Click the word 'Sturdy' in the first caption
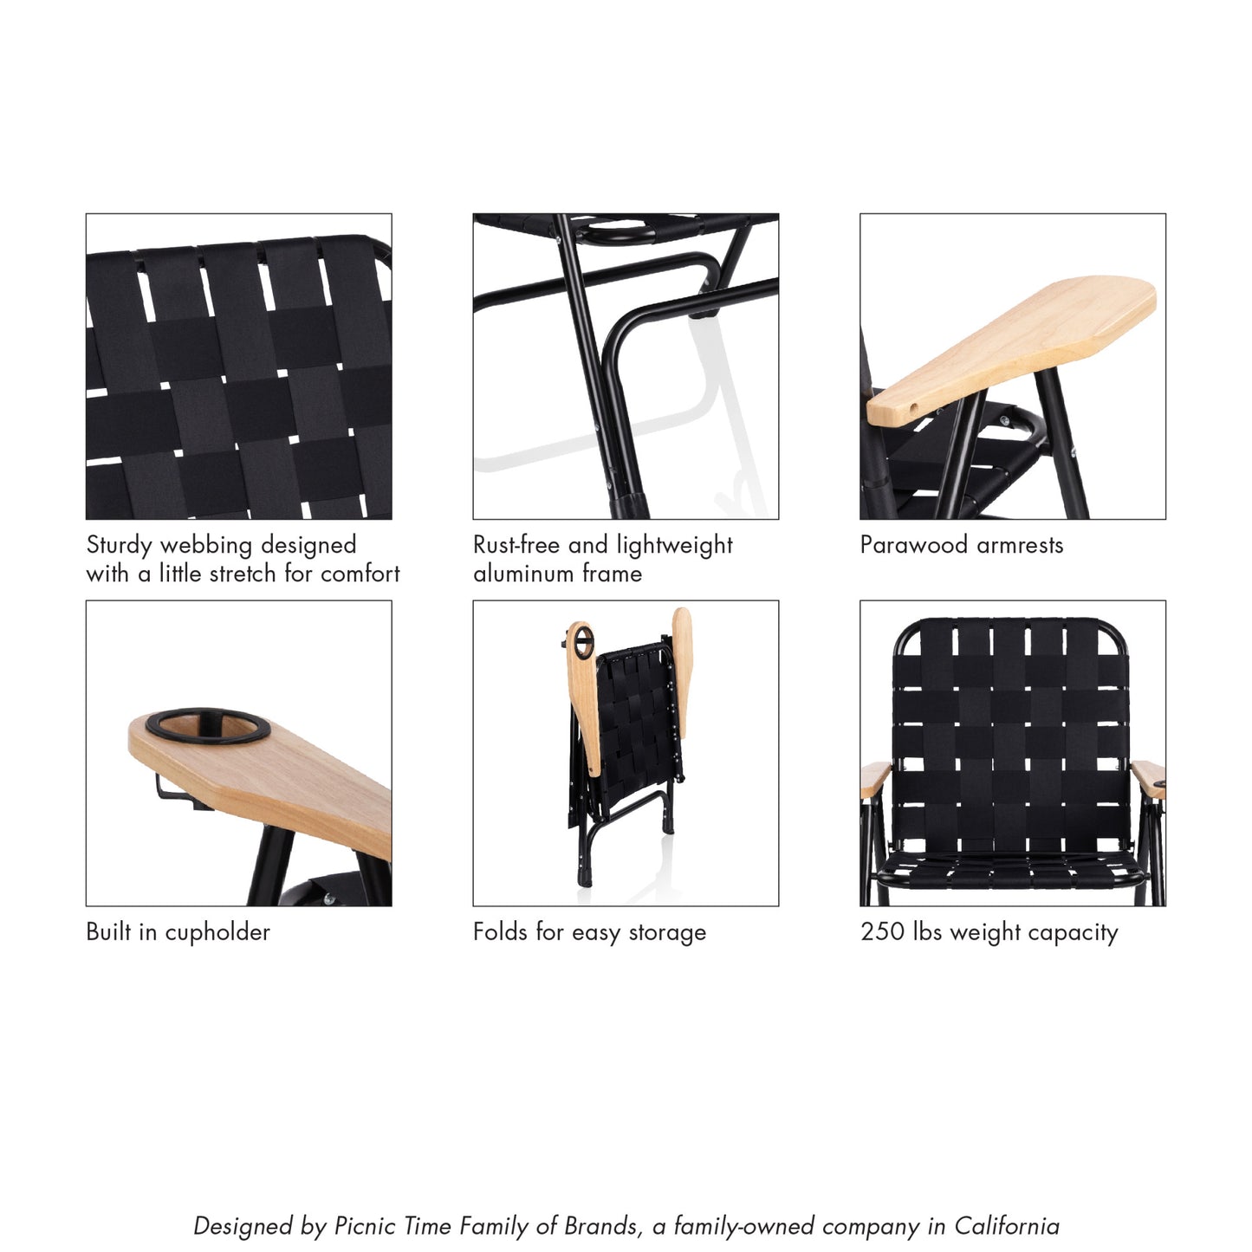[120, 545]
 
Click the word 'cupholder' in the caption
[217, 932]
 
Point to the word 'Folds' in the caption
[501, 932]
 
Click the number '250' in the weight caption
[882, 932]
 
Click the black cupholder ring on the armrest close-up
[207, 725]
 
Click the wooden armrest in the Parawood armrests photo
[1014, 347]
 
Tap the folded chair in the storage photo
[626, 745]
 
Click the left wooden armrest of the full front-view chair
[874, 778]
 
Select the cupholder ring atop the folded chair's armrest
[581, 642]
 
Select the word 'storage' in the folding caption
[666, 932]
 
